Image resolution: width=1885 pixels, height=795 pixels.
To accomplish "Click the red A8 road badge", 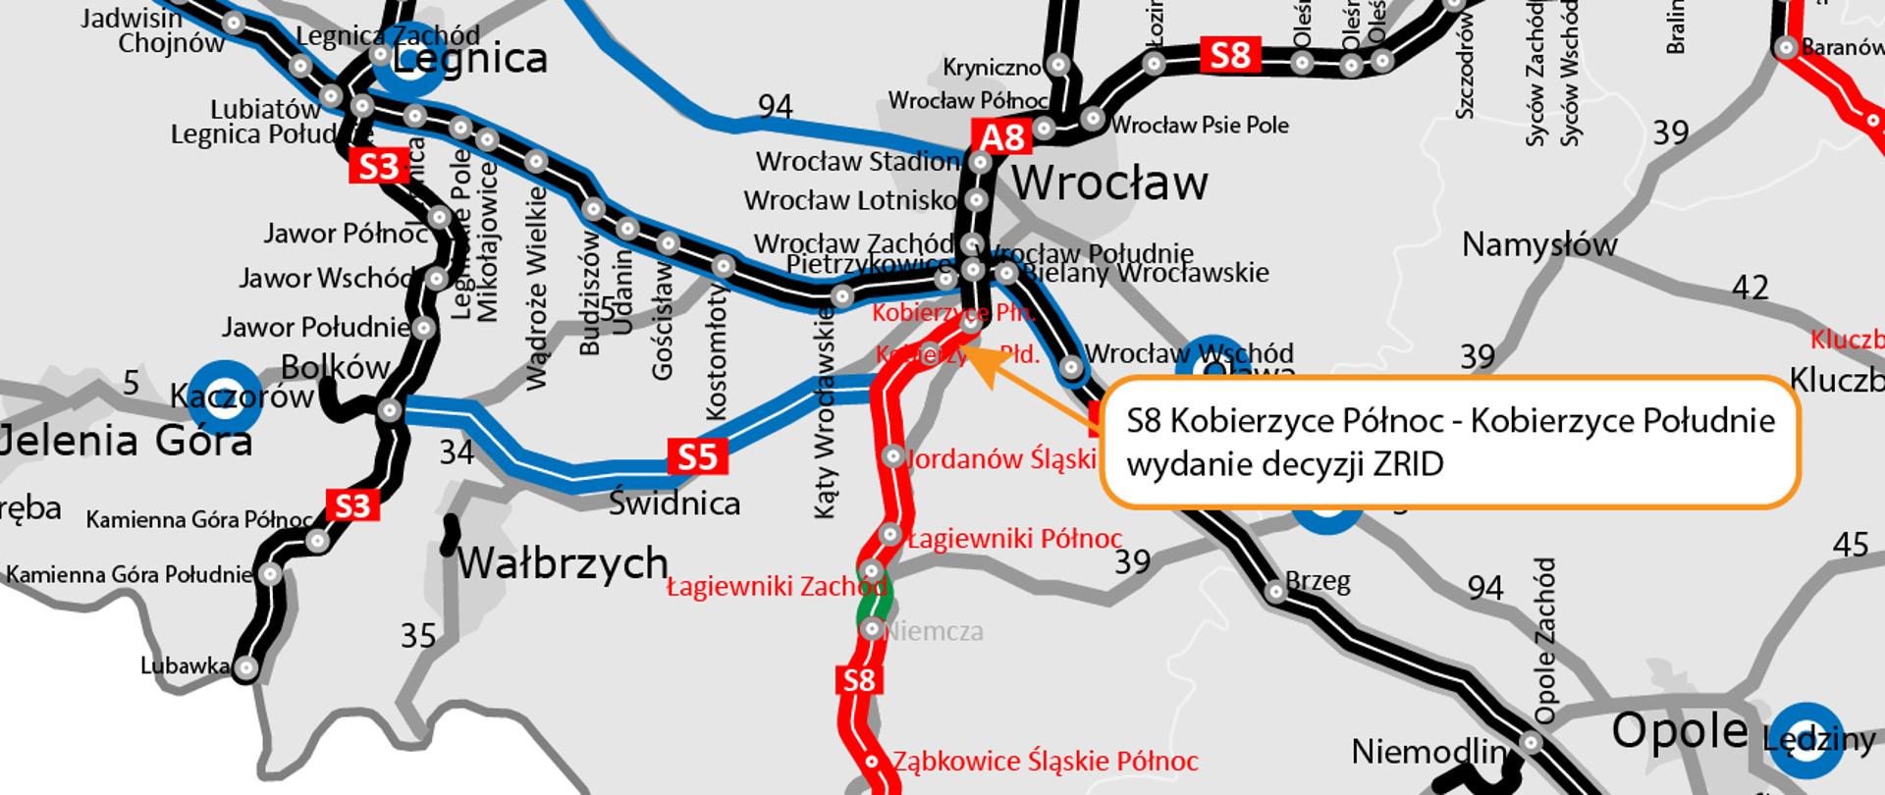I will point(1001,137).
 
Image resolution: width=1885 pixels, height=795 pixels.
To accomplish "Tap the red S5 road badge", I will point(697,457).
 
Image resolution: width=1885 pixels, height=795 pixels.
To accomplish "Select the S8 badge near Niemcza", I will point(858,680).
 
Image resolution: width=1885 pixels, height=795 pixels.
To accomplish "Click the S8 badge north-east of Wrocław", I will point(1229,55).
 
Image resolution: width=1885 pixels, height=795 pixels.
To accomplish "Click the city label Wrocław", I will point(1109,184).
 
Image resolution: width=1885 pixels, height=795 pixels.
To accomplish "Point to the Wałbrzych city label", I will point(563,563).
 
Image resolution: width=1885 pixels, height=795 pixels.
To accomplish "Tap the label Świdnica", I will point(673,503).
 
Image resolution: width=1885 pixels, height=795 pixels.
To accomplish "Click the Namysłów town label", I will point(1538,244).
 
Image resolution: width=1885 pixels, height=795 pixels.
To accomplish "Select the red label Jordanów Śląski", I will point(1000,458).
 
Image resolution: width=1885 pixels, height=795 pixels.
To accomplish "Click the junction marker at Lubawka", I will point(245,668).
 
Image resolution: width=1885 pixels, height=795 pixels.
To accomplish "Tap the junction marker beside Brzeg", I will point(1274,591).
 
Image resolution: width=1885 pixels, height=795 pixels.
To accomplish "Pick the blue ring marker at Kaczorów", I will point(226,397).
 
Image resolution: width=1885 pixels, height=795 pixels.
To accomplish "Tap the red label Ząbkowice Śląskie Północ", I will point(1045,762).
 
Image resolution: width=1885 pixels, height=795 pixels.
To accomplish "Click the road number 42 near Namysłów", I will point(1750,288).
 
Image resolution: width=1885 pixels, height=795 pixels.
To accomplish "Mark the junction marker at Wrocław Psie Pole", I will point(1092,120).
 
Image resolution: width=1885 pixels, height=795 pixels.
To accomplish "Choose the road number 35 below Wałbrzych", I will point(418,636).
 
